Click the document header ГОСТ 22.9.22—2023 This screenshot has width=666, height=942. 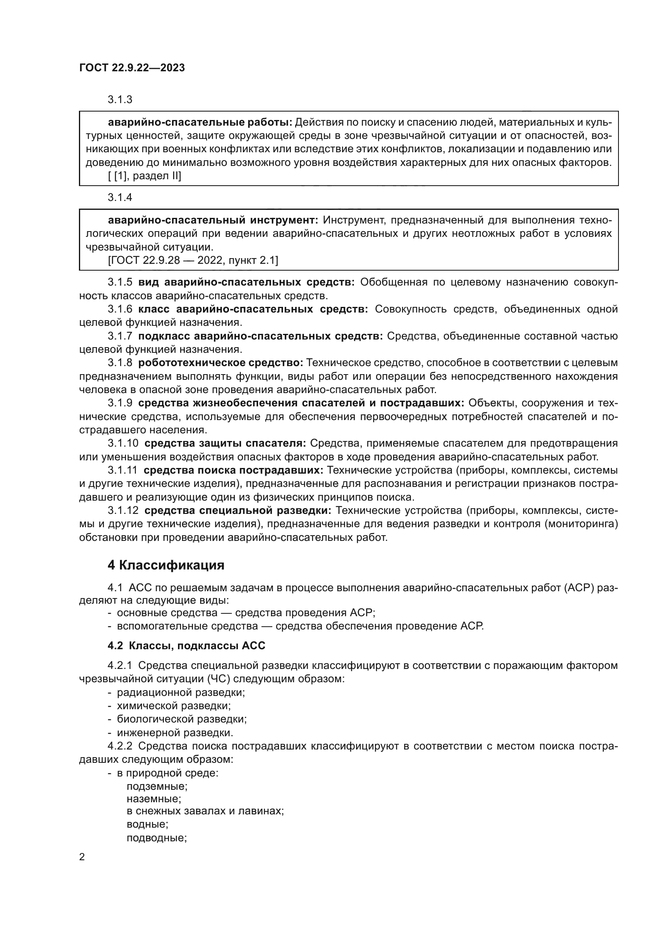[132, 68]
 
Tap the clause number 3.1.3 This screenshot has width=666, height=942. [120, 99]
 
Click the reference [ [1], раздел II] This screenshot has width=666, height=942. [145, 176]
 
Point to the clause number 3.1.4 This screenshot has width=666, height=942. [120, 197]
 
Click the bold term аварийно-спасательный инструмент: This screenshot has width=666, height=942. [213, 220]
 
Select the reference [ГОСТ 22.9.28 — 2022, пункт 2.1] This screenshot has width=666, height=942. [193, 260]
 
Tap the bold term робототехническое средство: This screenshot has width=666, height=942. [221, 363]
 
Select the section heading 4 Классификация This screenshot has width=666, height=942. [165, 565]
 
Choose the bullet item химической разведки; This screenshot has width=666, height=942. [174, 706]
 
